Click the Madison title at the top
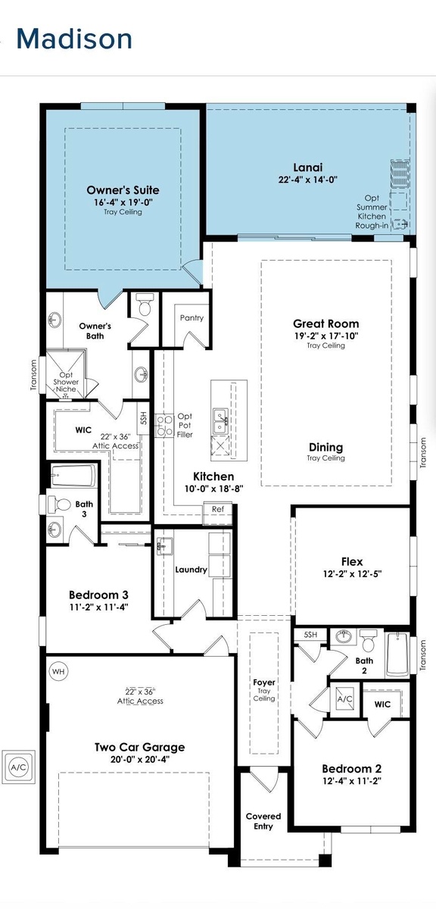(74, 39)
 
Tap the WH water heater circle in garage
(58, 671)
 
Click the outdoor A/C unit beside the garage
(18, 767)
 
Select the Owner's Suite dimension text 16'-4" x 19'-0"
(123, 201)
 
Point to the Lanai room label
(308, 167)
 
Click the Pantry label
(192, 317)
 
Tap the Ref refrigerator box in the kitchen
(218, 509)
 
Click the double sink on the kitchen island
(220, 421)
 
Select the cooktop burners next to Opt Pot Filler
(165, 425)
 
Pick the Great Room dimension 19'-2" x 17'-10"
(326, 336)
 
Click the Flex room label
(352, 561)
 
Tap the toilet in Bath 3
(59, 504)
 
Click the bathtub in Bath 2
(397, 654)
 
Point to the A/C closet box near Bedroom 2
(344, 698)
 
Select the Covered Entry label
(263, 821)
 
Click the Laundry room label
(191, 570)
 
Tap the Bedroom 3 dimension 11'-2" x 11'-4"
(98, 607)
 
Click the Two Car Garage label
(139, 747)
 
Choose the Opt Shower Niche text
(66, 382)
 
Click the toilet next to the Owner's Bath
(145, 305)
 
